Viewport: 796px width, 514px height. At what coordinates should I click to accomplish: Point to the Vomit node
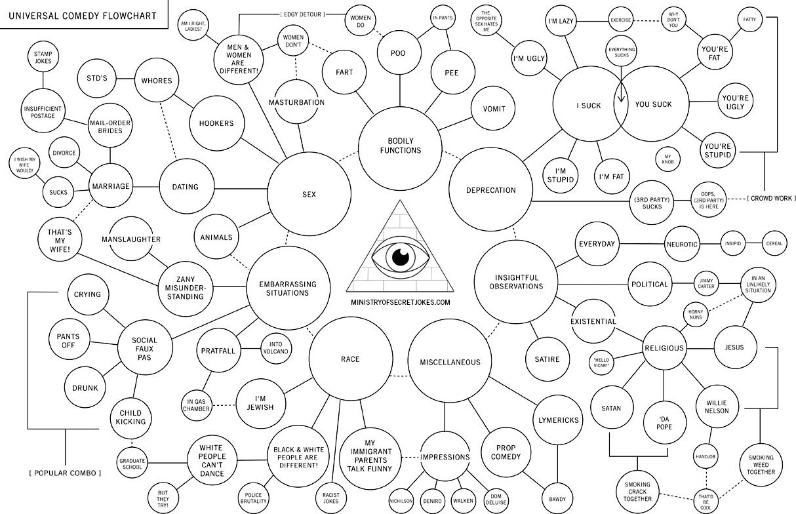tap(493, 108)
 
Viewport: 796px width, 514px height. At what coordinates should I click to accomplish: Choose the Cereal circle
tap(774, 243)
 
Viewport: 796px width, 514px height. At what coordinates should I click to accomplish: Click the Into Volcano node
tap(275, 347)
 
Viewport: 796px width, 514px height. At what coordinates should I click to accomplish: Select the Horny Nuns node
tap(695, 314)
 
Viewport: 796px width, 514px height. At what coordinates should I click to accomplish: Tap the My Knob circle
tap(668, 157)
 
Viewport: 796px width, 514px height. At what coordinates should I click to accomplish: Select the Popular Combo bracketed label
tap(65, 473)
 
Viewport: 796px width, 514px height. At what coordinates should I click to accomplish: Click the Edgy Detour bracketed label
tap(302, 14)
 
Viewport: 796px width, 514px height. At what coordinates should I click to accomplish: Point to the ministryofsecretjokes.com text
tap(401, 302)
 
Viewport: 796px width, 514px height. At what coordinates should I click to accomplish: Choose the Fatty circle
tap(749, 20)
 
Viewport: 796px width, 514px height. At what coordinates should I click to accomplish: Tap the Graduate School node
tap(132, 464)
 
